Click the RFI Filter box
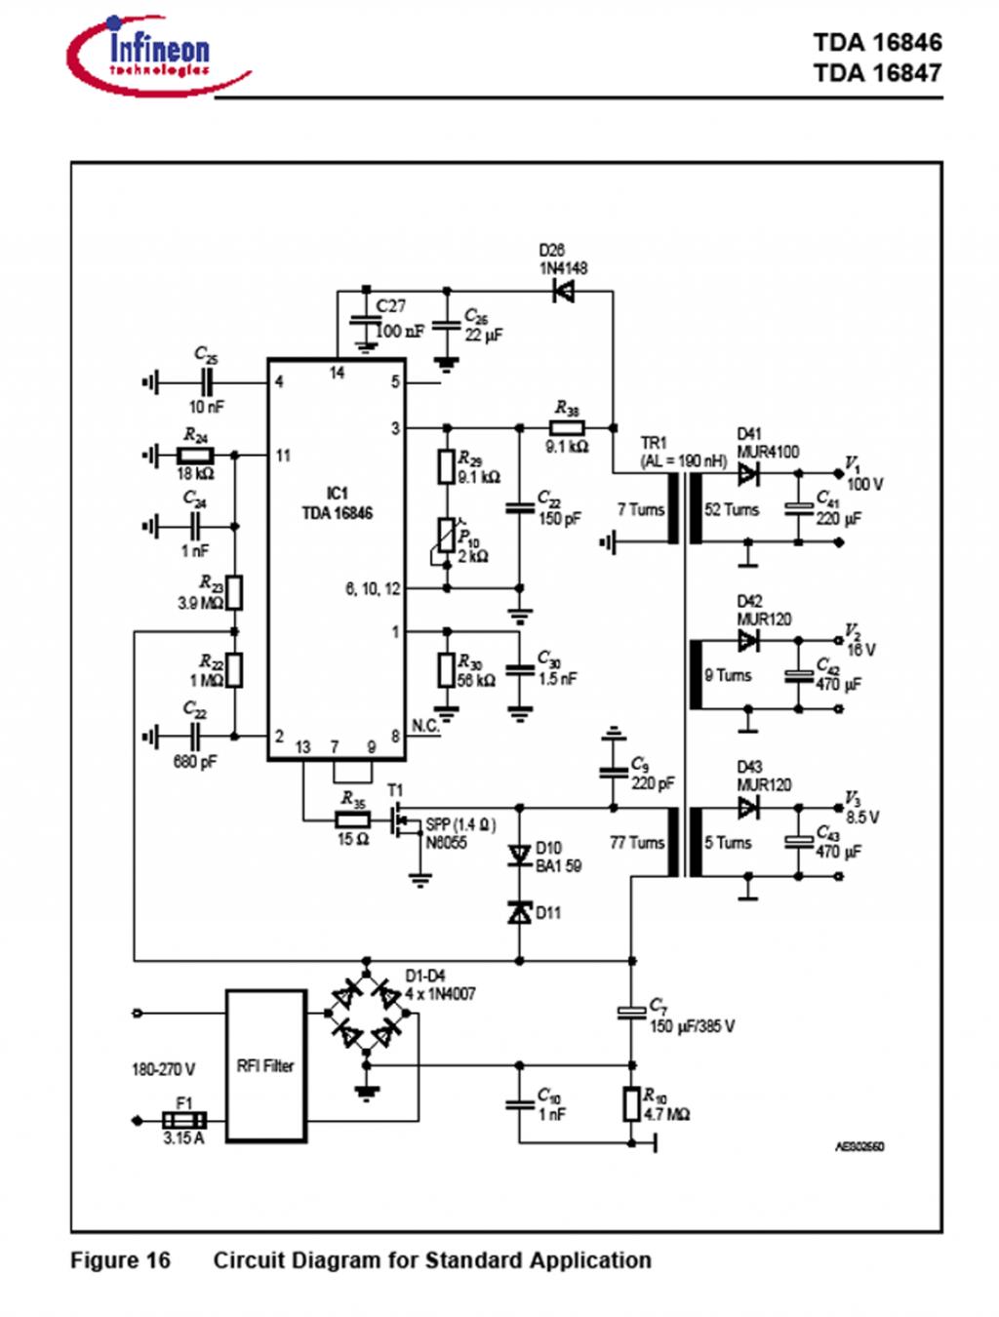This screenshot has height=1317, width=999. coord(266,1065)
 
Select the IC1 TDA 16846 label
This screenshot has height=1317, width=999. coord(337,503)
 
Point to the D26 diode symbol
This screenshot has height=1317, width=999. coord(563,291)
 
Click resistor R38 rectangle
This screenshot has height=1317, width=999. coord(567,427)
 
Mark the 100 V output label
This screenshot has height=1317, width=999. coord(864,484)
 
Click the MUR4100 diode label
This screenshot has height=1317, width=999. coord(768,452)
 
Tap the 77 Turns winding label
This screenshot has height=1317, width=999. coord(636,842)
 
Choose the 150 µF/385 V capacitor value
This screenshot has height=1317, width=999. coord(692,1026)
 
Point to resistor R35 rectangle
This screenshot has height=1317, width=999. coord(352,819)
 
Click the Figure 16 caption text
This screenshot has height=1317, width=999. coord(120,1260)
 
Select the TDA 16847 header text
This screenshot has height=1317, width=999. coord(877,73)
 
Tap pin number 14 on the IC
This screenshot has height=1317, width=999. coord(337,373)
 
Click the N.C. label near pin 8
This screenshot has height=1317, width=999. coord(425,726)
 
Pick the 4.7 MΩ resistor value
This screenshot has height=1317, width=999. coord(667,1114)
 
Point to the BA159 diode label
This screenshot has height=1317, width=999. coord(558,865)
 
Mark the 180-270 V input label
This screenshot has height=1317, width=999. coord(163,1069)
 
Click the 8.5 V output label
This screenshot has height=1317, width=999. coord(861,817)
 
